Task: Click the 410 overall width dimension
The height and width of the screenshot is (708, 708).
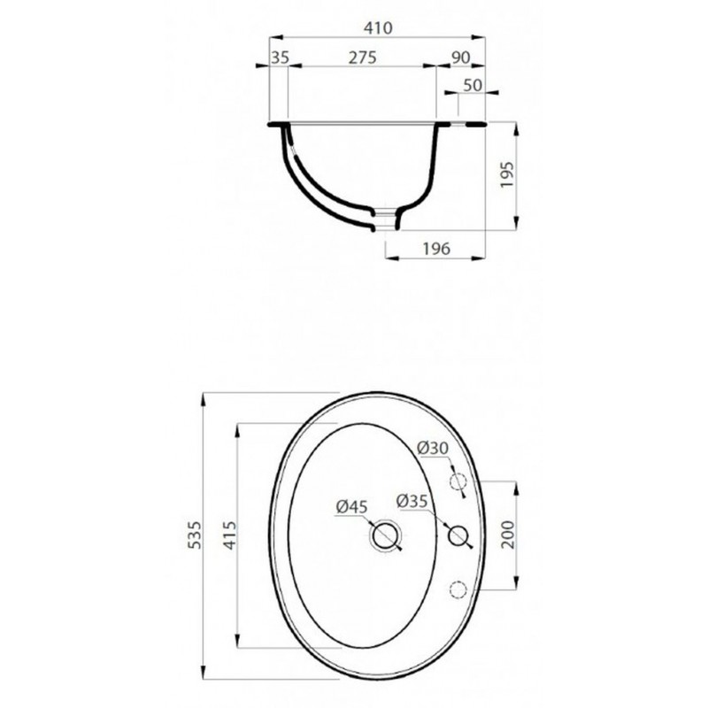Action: pyautogui.click(x=379, y=28)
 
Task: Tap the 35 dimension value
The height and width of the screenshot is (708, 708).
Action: pyautogui.click(x=280, y=58)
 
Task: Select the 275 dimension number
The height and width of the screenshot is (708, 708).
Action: pyautogui.click(x=362, y=58)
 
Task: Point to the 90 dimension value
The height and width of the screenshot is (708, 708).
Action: pyautogui.click(x=460, y=58)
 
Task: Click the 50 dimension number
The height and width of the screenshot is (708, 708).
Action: pyautogui.click(x=473, y=85)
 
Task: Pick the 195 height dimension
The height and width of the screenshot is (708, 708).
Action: pyautogui.click(x=507, y=174)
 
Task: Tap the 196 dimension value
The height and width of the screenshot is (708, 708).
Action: pyautogui.click(x=436, y=249)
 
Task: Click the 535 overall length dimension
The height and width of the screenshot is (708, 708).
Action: pyautogui.click(x=194, y=535)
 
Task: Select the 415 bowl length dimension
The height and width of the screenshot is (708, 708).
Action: pyautogui.click(x=230, y=535)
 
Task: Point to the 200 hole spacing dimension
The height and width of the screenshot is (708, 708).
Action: pyautogui.click(x=508, y=535)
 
